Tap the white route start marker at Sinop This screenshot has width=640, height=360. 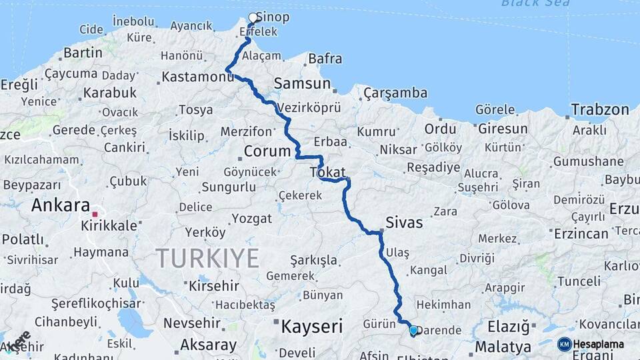tap(253, 18)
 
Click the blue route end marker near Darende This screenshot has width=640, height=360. tap(413, 330)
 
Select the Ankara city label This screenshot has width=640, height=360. tap(60, 205)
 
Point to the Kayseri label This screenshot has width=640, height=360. tap(311, 327)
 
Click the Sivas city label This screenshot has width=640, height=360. tap(404, 222)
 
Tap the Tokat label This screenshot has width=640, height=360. tap(328, 173)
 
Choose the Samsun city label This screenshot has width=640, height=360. tap(302, 84)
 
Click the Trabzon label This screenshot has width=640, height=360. tap(600, 109)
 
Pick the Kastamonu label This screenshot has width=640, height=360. tap(198, 77)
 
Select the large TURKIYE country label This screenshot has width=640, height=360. tap(207, 257)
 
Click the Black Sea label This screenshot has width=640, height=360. tap(535, 3)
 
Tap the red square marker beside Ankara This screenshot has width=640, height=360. tap(95, 214)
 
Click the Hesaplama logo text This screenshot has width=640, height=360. tap(599, 344)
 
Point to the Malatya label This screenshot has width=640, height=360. tap(503, 347)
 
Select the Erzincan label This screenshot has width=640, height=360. tap(581, 233)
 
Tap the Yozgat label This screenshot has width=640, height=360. tap(252, 219)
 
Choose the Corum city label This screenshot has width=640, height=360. tap(267, 151)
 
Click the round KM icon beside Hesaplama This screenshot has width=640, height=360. tap(564, 344)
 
